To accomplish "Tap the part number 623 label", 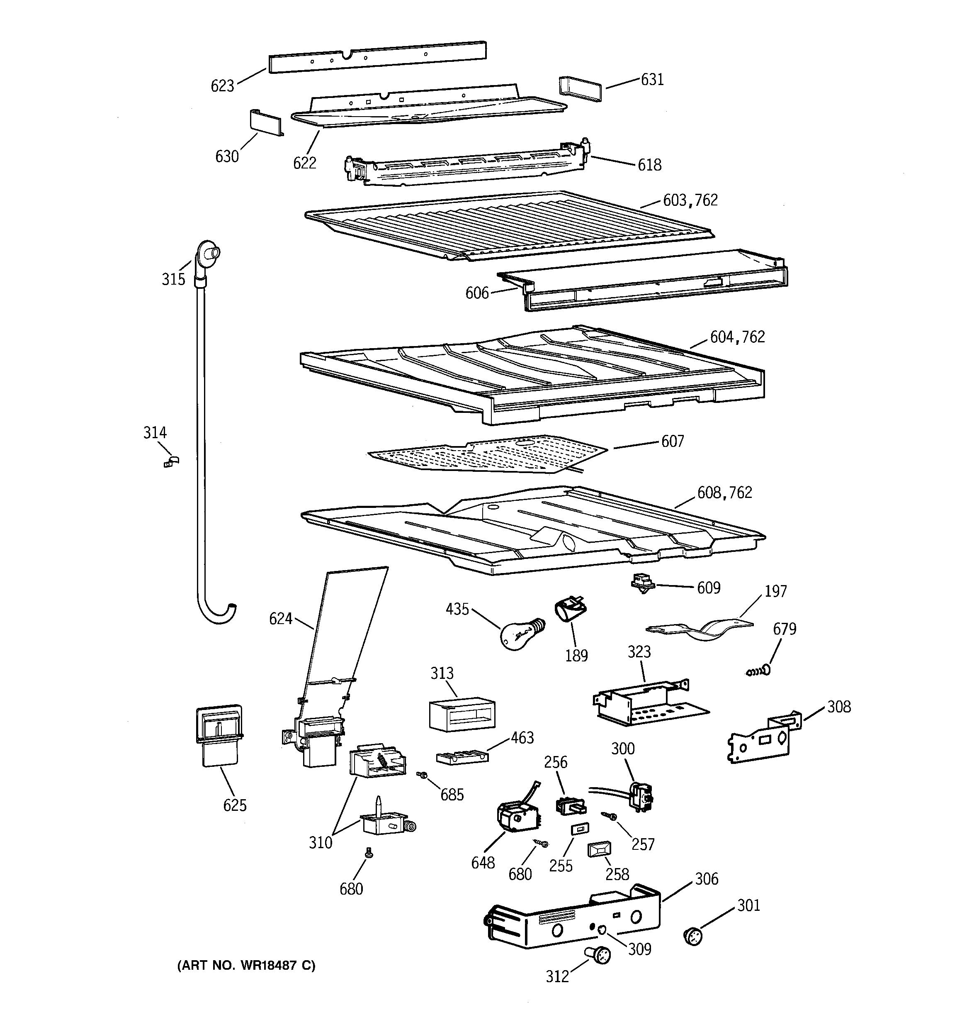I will pos(222,86).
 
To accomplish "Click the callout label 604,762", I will pos(737,337).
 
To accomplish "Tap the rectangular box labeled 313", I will pos(462,715).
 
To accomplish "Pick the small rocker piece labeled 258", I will pos(599,850).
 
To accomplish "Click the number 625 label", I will pos(234,805).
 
